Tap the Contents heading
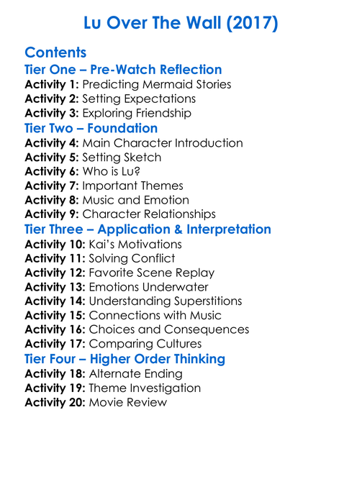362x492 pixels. click(x=55, y=53)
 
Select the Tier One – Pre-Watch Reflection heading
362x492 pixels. click(x=123, y=70)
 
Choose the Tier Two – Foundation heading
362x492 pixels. click(x=91, y=128)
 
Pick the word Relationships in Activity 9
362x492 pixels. click(x=178, y=214)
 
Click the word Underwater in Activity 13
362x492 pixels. click(x=178, y=287)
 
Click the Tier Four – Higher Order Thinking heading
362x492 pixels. click(x=125, y=359)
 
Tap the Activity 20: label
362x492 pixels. click(x=55, y=402)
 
